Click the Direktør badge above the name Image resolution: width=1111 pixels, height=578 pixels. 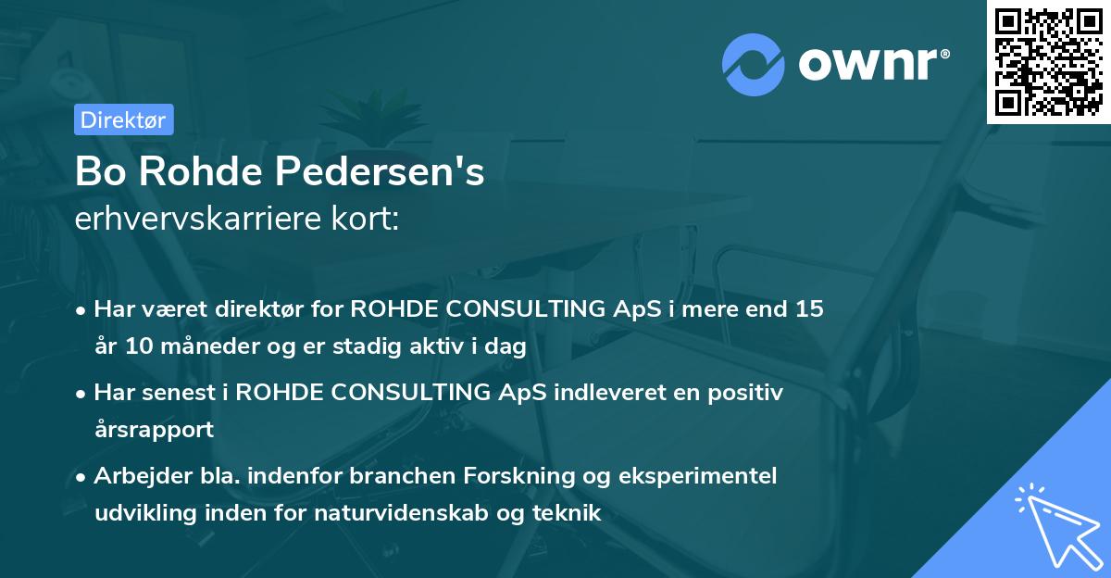[x=123, y=119]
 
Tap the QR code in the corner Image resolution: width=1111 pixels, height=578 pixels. [x=1048, y=61]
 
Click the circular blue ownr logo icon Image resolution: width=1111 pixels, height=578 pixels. [x=754, y=64]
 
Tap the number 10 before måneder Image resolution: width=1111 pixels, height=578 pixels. [x=140, y=347]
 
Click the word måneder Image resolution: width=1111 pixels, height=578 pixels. [x=206, y=347]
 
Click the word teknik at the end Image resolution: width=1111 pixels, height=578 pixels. [x=567, y=512]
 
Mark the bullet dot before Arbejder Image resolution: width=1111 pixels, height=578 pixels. [x=82, y=477]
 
